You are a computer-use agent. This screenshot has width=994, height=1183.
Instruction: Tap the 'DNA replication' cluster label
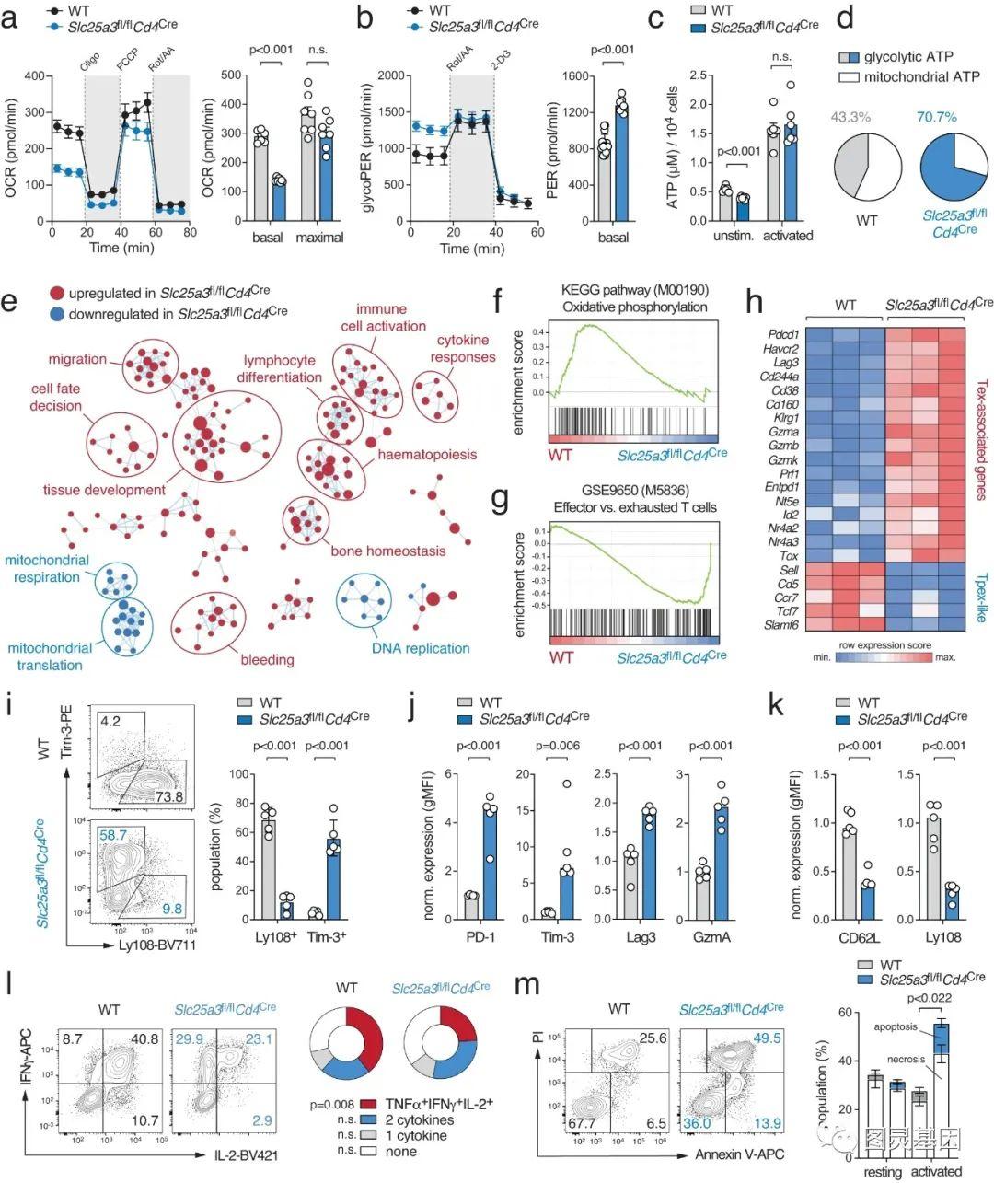[420, 648]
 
